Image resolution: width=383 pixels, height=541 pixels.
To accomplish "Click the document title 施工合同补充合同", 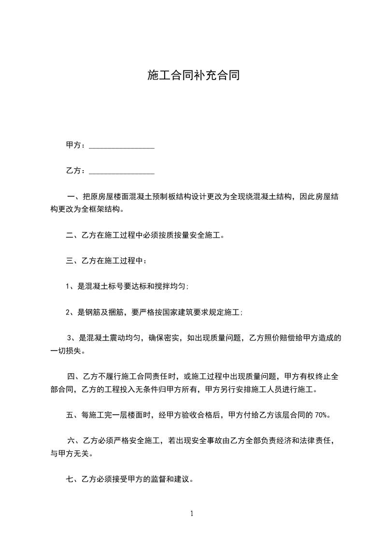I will (193, 76).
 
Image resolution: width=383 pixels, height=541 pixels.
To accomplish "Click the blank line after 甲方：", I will (122, 145).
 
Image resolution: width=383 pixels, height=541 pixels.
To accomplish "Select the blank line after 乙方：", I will (122, 171).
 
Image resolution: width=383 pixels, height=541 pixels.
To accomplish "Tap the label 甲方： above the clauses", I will (76, 145).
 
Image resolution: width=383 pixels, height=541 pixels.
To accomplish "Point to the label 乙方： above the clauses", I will (76, 171).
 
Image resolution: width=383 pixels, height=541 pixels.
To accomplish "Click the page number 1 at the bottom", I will (192, 514).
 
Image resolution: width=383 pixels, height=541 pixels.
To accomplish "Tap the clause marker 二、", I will (72, 235).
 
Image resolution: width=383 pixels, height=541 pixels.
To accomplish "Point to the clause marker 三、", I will (72, 261).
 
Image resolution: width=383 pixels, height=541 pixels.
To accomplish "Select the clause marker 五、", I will (72, 415).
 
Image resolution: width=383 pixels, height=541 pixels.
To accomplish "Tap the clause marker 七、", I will (72, 479).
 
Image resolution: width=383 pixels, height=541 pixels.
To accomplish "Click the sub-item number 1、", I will (71, 286).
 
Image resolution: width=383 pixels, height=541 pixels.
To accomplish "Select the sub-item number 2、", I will (71, 312).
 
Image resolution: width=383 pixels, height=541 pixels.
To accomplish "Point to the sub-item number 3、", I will (72, 338).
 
